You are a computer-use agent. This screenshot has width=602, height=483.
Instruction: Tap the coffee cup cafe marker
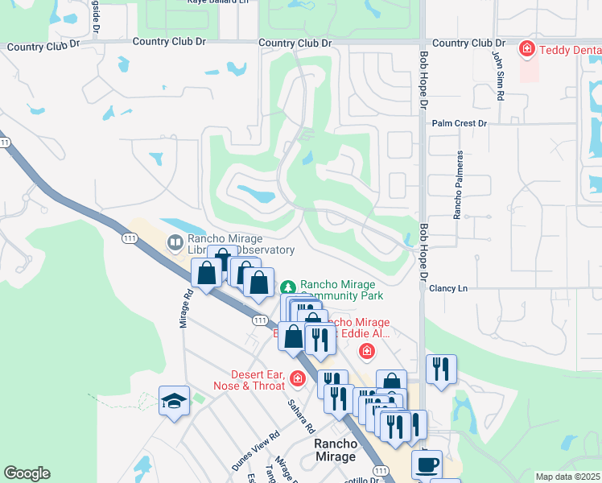427,464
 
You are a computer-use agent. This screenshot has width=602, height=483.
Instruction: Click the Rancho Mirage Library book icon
175,242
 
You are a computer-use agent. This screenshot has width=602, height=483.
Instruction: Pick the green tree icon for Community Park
287,287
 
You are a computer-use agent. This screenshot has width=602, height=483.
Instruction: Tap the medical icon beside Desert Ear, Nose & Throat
298,378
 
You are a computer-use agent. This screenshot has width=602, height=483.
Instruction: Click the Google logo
27,473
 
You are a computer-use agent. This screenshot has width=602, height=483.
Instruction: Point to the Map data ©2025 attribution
567,477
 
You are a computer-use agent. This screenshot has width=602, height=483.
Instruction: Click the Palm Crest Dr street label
460,123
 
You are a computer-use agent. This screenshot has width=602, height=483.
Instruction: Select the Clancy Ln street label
449,287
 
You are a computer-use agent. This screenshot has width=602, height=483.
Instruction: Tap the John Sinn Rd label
499,76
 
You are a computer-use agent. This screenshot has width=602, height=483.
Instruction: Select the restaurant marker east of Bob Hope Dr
441,369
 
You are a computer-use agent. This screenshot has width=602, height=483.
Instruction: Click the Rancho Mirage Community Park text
342,290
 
